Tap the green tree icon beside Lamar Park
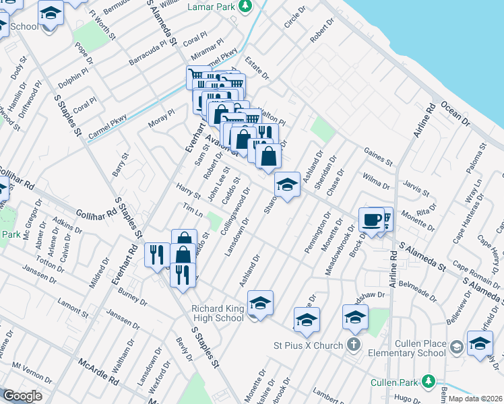(x=246, y=6)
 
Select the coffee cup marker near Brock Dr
(x=371, y=219)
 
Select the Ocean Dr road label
(x=455, y=114)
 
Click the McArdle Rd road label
(x=98, y=371)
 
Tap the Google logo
(x=22, y=396)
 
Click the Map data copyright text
(x=475, y=399)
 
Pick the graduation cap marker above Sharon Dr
(x=287, y=184)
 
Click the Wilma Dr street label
(x=375, y=182)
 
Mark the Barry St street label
(x=121, y=165)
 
